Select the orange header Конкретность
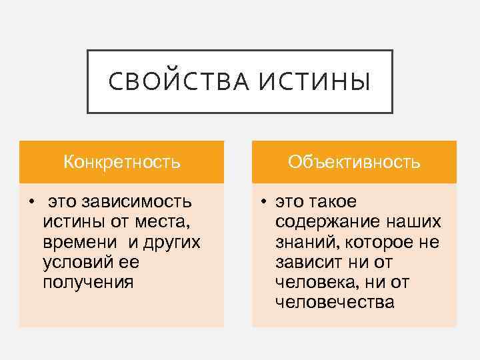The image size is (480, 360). (x=121, y=162)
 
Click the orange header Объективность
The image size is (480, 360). (x=354, y=162)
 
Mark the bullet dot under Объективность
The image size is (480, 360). (x=265, y=201)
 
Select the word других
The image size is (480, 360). (x=171, y=241)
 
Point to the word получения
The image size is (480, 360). (x=88, y=281)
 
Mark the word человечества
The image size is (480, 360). (x=335, y=302)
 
